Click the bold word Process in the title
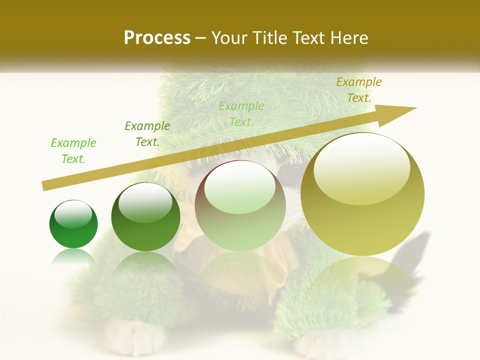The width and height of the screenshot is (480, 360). (x=157, y=38)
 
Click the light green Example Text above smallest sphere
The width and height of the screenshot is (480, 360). (x=73, y=151)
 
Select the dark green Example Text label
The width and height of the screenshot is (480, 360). (x=147, y=134)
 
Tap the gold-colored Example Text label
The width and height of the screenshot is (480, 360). (x=358, y=90)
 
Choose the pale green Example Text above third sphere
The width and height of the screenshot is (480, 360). (x=241, y=114)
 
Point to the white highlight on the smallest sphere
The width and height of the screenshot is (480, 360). (x=73, y=213)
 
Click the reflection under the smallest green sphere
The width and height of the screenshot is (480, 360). (x=73, y=256)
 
